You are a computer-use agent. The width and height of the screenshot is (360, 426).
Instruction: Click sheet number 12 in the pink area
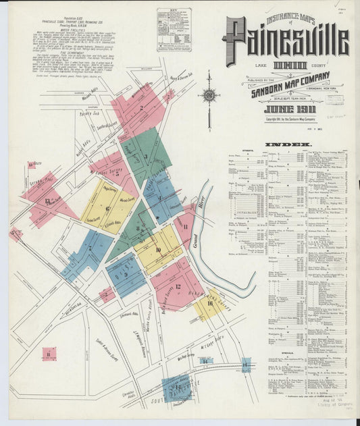[x=178, y=286]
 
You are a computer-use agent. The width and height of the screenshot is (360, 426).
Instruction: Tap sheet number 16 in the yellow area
[x=210, y=304]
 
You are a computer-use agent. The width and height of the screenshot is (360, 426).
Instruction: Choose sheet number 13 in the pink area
[x=47, y=201]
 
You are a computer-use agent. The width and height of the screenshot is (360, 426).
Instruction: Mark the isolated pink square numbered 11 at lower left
[x=49, y=353]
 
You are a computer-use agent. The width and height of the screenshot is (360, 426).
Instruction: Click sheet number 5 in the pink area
[x=117, y=174]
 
